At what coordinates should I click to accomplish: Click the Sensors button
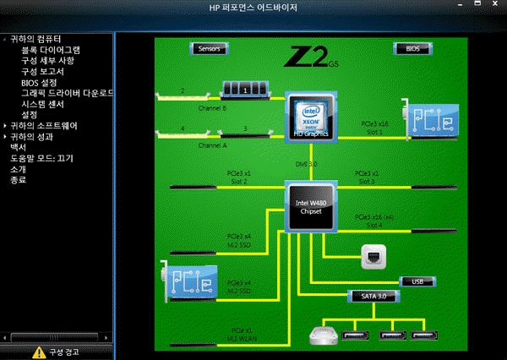point(209,48)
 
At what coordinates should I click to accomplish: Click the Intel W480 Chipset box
point(310,205)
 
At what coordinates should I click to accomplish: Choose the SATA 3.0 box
point(373,296)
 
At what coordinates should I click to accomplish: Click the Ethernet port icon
point(373,256)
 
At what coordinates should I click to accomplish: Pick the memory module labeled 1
point(244,89)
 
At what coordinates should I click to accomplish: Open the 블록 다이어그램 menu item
point(52,50)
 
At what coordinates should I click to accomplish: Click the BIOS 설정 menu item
point(39,83)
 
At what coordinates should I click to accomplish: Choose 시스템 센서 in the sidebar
point(46,104)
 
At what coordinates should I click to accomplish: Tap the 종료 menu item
point(18,180)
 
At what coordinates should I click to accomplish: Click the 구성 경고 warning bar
point(57,352)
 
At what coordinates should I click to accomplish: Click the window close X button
point(497,8)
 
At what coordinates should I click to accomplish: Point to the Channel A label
point(212,145)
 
